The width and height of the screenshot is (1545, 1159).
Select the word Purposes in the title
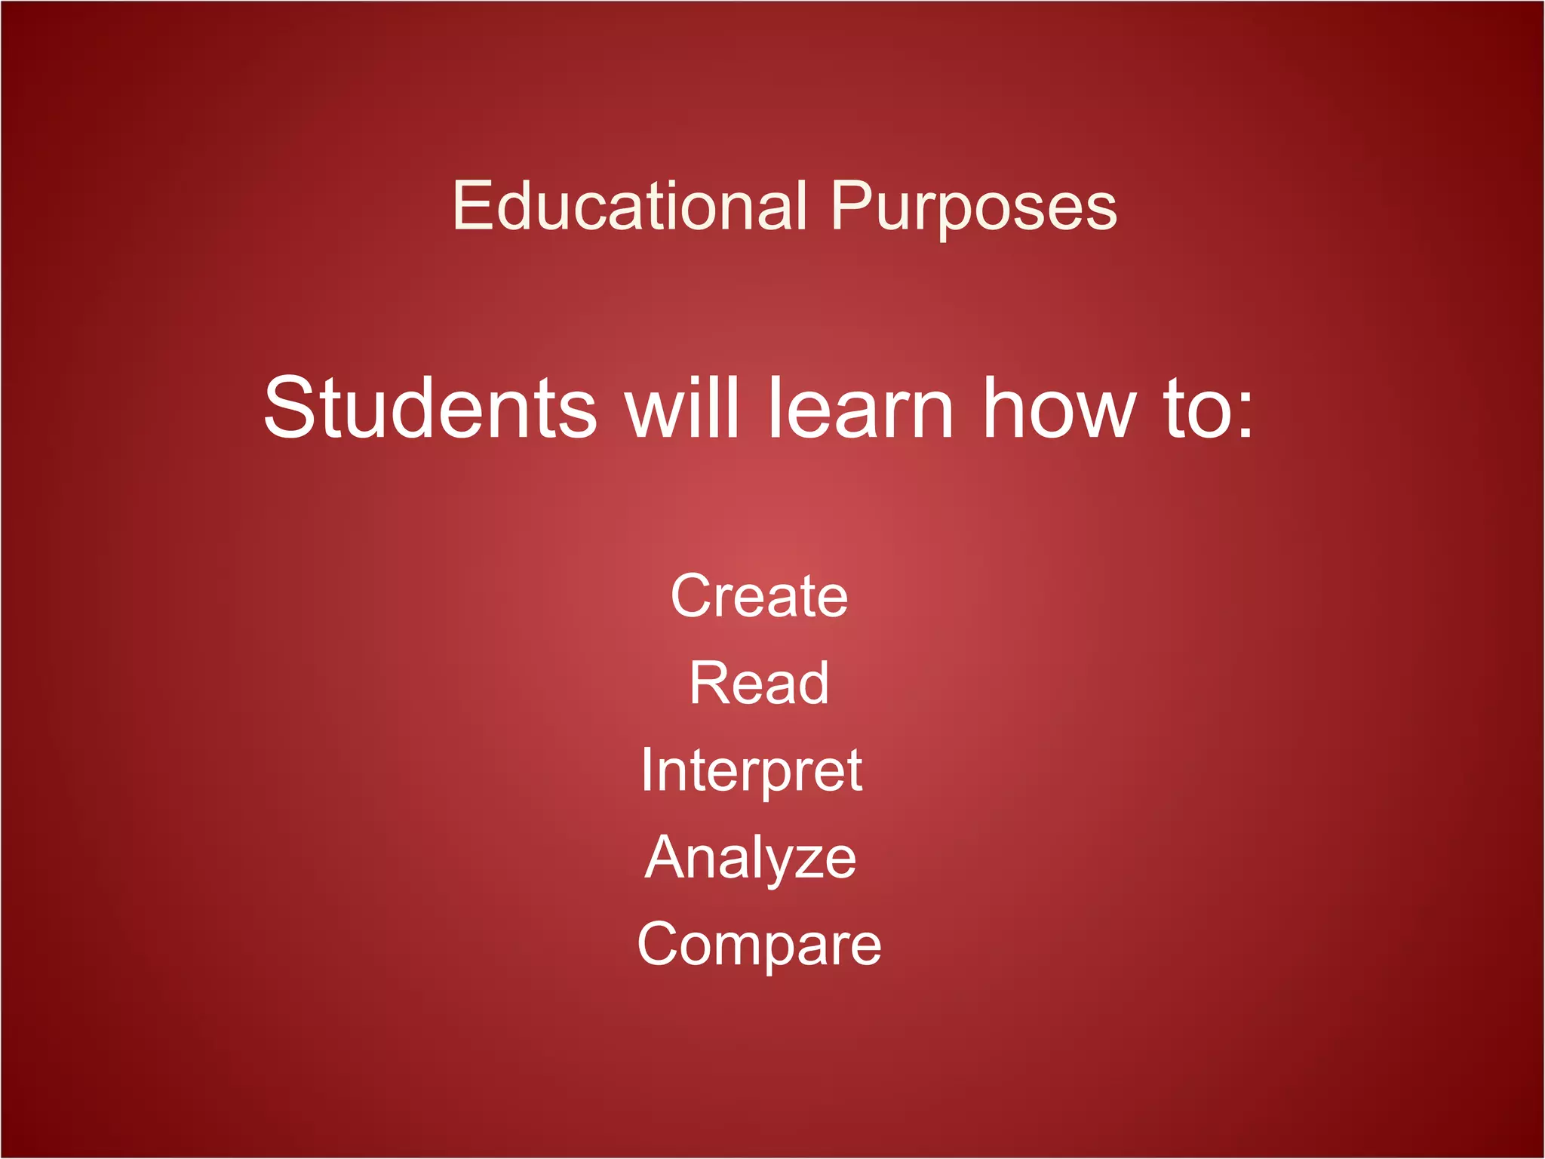(x=973, y=208)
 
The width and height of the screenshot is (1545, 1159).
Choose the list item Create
(x=759, y=596)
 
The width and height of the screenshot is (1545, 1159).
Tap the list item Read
(x=759, y=683)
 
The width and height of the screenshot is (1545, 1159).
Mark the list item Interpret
(x=751, y=771)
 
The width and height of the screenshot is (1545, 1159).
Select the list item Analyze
(x=751, y=858)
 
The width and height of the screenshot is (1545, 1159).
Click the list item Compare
(x=759, y=945)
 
